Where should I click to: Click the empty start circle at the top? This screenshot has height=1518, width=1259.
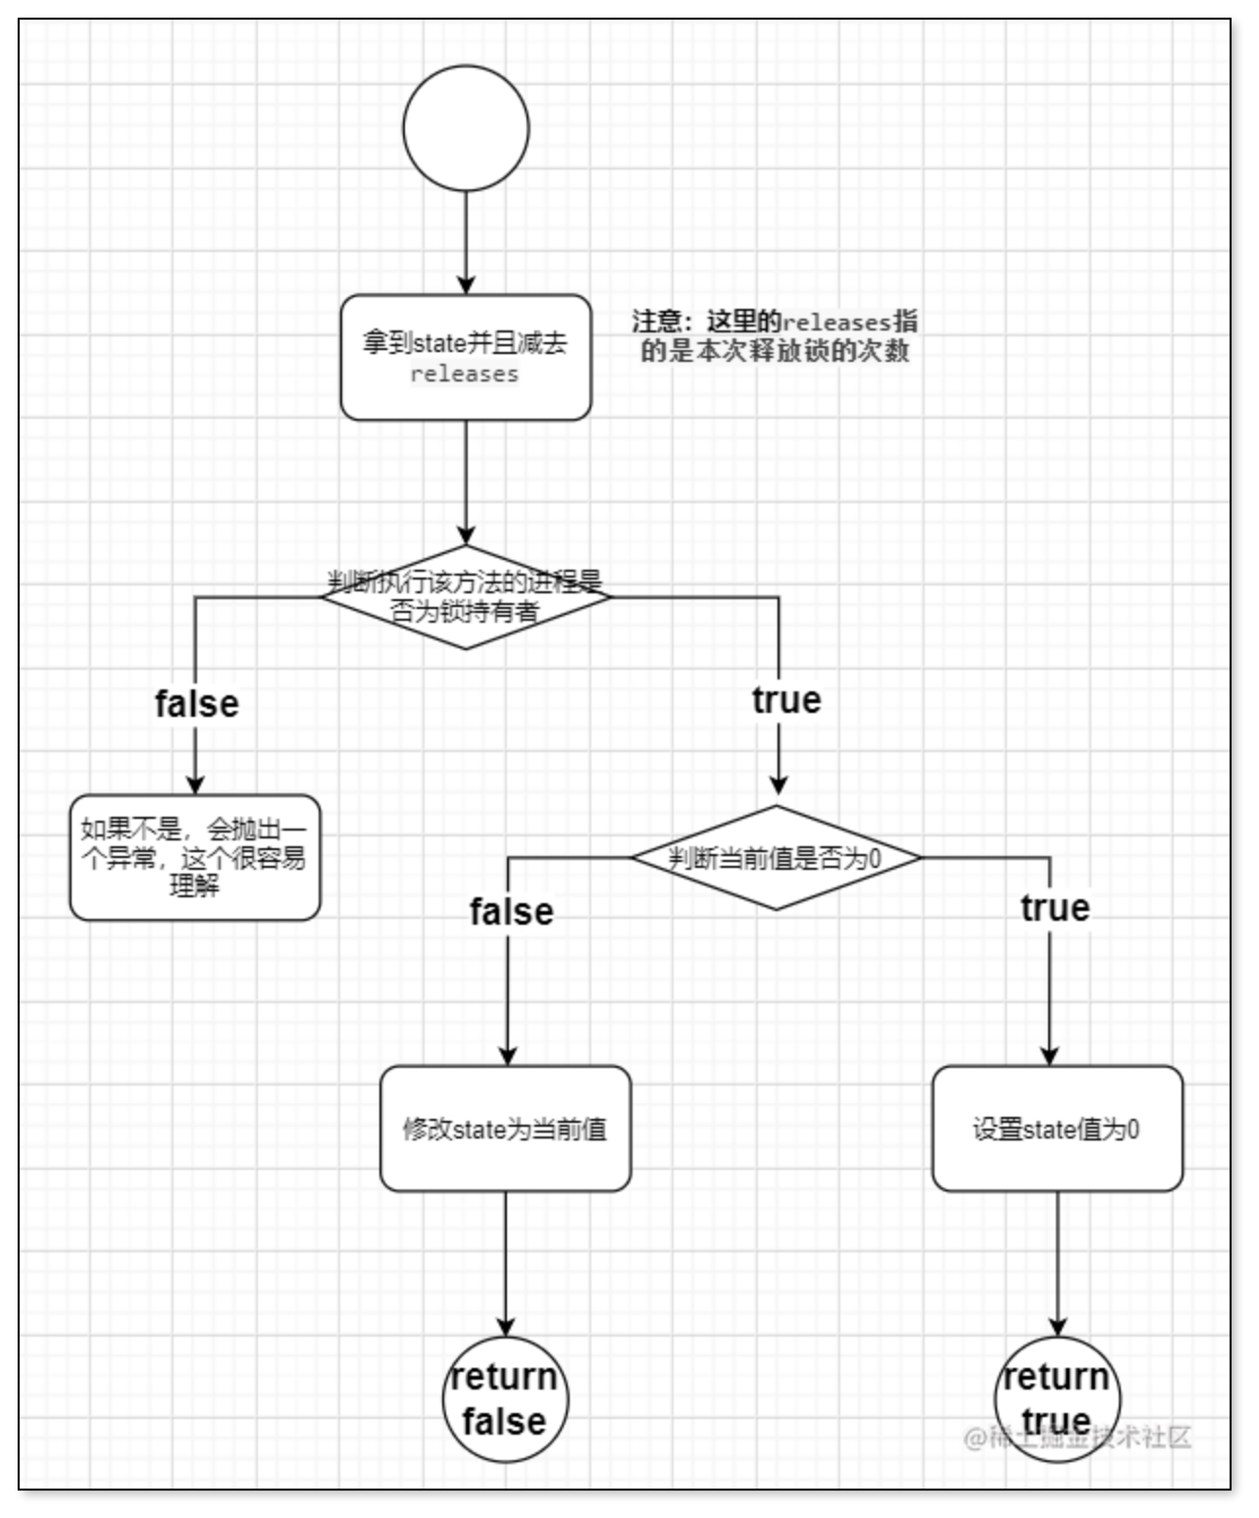(466, 128)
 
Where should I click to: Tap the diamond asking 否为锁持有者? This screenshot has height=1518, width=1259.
(466, 598)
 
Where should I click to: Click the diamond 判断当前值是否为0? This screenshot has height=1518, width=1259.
(776, 858)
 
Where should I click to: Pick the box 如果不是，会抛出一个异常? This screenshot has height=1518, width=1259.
(195, 857)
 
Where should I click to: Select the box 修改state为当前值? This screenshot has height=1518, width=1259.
(505, 1129)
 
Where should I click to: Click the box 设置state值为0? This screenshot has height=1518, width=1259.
(1057, 1129)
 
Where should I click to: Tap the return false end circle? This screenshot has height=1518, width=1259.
(505, 1399)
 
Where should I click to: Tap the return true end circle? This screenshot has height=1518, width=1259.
(1056, 1399)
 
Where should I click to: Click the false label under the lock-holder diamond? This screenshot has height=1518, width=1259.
(196, 703)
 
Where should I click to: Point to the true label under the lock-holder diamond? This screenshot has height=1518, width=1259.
(786, 700)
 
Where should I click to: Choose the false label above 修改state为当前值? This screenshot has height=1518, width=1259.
(511, 912)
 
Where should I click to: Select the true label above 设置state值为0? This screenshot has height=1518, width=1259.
(1054, 908)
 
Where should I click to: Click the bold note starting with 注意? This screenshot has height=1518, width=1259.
(775, 336)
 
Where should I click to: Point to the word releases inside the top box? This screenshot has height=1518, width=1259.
(465, 375)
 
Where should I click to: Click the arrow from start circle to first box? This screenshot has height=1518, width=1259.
(466, 241)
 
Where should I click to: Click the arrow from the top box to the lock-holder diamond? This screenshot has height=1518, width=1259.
(466, 482)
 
